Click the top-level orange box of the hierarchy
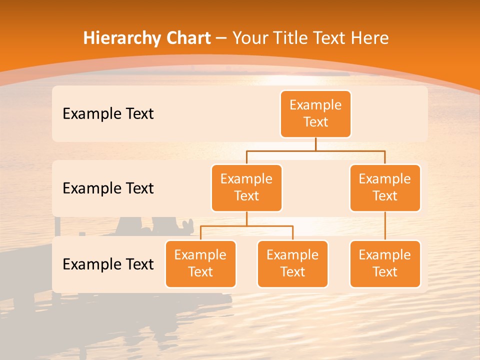pos(315,113)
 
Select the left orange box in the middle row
pos(246,187)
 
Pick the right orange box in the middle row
pos(385,187)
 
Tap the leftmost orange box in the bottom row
pos(200,263)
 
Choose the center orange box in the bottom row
pos(292,263)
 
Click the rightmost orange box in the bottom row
pos(385,263)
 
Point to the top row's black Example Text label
pos(108,114)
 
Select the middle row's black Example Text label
pos(108,188)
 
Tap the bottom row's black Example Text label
pos(108,264)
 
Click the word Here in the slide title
pos(369,38)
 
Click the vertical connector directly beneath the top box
pos(315,144)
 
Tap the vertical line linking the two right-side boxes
pos(385,226)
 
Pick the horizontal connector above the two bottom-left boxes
pos(246,226)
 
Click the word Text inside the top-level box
pos(315,122)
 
